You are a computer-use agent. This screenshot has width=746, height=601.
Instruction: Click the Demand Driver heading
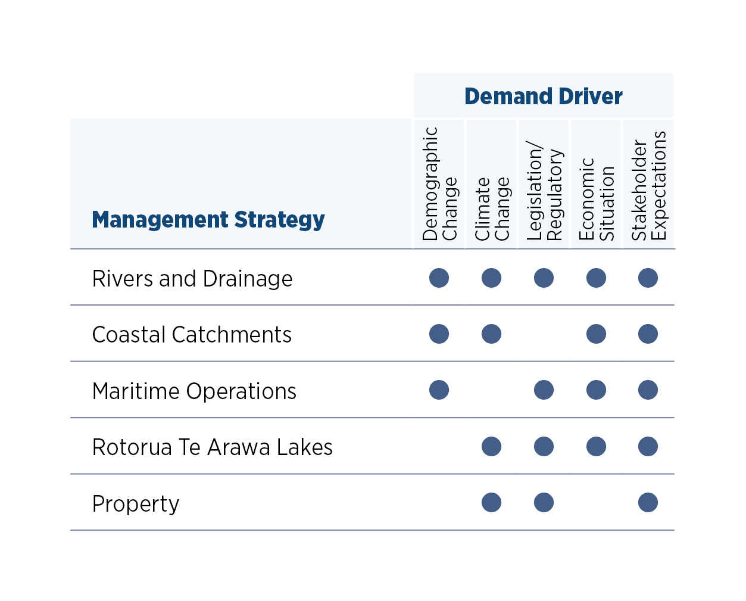tap(543, 96)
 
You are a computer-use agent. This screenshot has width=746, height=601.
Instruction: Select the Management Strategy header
tap(208, 219)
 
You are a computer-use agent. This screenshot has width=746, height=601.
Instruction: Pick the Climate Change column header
tap(492, 208)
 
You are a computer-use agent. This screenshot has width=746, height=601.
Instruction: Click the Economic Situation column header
tap(596, 200)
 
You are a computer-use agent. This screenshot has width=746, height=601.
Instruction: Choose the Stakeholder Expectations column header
tap(648, 186)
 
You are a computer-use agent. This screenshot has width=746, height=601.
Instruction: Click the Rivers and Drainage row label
tap(192, 278)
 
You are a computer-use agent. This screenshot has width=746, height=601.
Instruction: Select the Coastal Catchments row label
tap(191, 334)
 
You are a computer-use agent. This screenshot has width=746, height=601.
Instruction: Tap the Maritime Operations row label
tap(193, 391)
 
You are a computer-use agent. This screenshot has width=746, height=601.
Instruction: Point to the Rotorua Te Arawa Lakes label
tap(212, 447)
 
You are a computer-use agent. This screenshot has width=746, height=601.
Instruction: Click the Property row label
tap(135, 503)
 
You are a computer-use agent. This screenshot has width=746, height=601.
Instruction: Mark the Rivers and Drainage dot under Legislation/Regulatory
tap(544, 278)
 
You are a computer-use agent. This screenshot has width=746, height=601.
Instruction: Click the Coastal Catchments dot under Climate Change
tap(491, 334)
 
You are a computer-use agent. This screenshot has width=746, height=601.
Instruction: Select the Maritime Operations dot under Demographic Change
tap(439, 390)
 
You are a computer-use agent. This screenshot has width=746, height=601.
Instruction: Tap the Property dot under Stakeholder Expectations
tap(648, 502)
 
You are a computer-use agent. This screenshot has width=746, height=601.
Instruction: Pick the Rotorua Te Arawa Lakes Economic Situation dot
tap(596, 446)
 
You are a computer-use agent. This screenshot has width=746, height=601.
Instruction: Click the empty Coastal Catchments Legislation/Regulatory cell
tap(544, 334)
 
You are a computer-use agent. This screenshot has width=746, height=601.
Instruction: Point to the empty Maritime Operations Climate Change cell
tap(491, 390)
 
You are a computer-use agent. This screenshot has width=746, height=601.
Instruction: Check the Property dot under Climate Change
tap(491, 502)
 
